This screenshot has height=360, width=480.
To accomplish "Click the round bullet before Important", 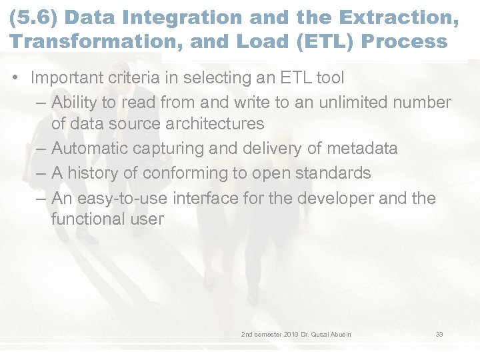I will click(x=15, y=78).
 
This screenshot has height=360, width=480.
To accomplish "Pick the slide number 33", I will click(x=439, y=334).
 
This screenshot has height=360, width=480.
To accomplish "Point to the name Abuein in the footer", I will click(x=339, y=334).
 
